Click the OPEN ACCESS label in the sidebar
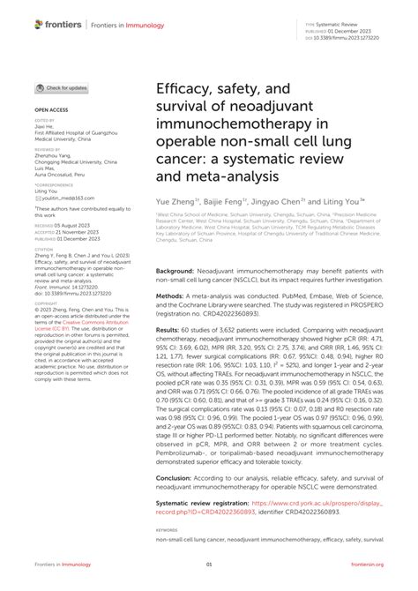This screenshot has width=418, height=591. click(52, 109)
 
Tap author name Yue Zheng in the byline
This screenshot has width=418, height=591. click(175, 202)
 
